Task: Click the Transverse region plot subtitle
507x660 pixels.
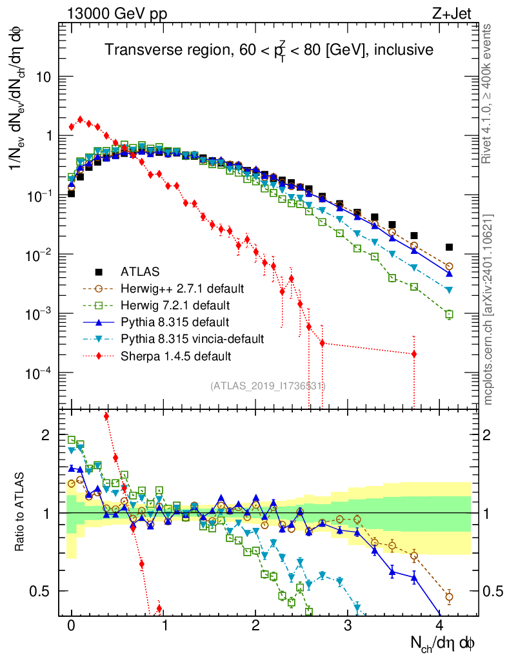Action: coord(269,50)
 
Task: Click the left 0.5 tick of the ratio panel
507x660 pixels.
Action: coord(45,591)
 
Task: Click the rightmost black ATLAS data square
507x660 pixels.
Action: coord(449,247)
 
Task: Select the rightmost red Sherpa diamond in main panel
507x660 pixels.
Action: coord(413,354)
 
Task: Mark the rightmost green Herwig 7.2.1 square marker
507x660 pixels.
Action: coord(449,315)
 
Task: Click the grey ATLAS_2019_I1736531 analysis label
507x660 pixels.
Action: coord(268,385)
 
